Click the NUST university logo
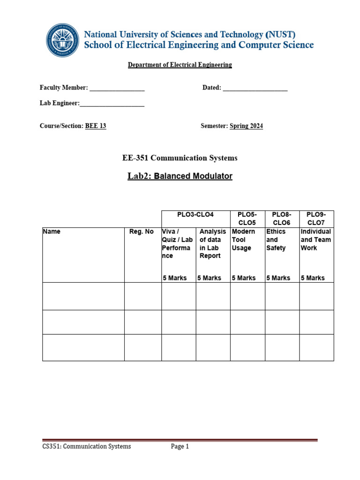[x=63, y=40]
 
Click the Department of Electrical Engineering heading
[x=180, y=65]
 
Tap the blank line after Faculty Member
[x=117, y=88]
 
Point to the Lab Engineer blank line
[x=112, y=104]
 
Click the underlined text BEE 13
[x=96, y=126]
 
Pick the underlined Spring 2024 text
[x=246, y=126]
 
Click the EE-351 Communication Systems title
[x=180, y=158]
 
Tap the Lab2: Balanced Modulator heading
[x=180, y=176]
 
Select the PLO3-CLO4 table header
[x=195, y=215]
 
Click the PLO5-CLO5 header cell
[x=247, y=219]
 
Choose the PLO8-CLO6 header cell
[x=282, y=219]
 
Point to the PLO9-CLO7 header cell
[x=316, y=219]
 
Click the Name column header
[x=52, y=232]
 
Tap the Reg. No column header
[x=142, y=232]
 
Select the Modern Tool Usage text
[x=243, y=240]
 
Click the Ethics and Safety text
[x=276, y=240]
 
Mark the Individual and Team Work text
[x=316, y=240]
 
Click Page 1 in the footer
[x=180, y=447]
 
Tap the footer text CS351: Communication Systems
[x=87, y=447]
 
